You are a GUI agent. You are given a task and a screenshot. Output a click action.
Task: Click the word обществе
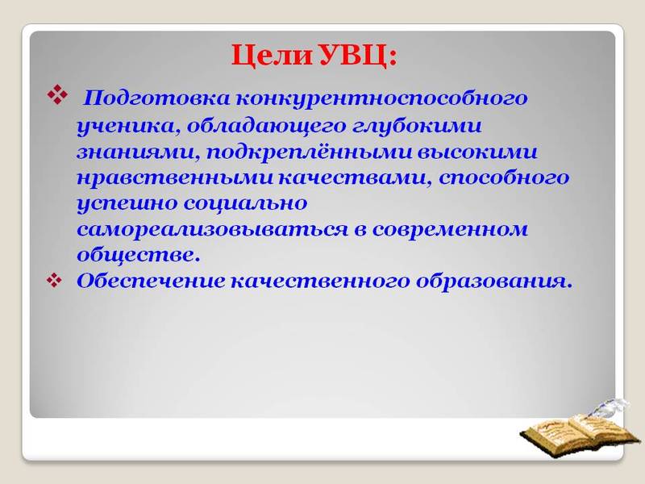(136, 255)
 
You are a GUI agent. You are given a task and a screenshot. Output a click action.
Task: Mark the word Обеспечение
(152, 281)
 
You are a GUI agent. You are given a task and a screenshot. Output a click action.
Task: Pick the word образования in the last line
(494, 281)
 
